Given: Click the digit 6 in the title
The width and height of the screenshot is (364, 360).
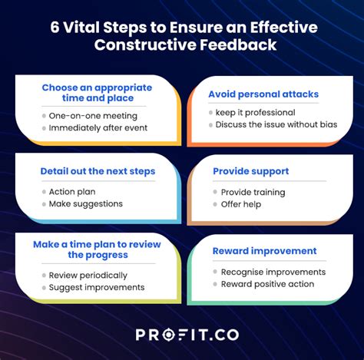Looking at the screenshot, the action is click(x=55, y=27).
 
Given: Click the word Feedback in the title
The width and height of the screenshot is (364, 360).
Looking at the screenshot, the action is click(x=238, y=45).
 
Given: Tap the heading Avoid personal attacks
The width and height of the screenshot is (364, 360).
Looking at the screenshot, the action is click(x=263, y=94).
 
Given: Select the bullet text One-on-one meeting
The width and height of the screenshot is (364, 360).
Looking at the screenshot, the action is click(x=93, y=116).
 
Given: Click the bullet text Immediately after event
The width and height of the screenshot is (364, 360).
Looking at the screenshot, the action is click(x=98, y=127).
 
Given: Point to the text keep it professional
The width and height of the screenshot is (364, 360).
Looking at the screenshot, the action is click(x=255, y=113).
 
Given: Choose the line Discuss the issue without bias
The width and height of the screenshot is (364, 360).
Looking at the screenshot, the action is click(x=276, y=124).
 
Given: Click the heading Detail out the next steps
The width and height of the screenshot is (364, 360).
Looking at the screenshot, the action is click(x=98, y=171).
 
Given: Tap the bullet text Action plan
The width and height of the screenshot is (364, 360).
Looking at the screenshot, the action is click(x=72, y=192).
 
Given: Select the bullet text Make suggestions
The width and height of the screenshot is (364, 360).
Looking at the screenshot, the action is click(x=86, y=204).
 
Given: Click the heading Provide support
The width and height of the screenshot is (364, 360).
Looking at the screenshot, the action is click(x=251, y=171).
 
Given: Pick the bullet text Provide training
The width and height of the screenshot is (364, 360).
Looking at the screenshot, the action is click(x=253, y=193).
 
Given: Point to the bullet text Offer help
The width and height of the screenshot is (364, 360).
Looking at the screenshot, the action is click(x=241, y=204).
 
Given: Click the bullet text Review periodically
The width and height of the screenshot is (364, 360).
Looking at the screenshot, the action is click(x=88, y=276).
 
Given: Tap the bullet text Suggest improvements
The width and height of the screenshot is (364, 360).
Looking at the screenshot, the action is click(x=97, y=287).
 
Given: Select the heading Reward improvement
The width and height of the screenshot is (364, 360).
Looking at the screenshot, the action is click(x=265, y=251).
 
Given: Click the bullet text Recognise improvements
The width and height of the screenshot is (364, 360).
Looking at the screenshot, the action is click(x=273, y=272).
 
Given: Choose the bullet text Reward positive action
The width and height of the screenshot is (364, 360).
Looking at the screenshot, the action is click(x=267, y=284).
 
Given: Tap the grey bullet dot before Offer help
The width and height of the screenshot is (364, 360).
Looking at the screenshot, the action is click(x=215, y=204).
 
